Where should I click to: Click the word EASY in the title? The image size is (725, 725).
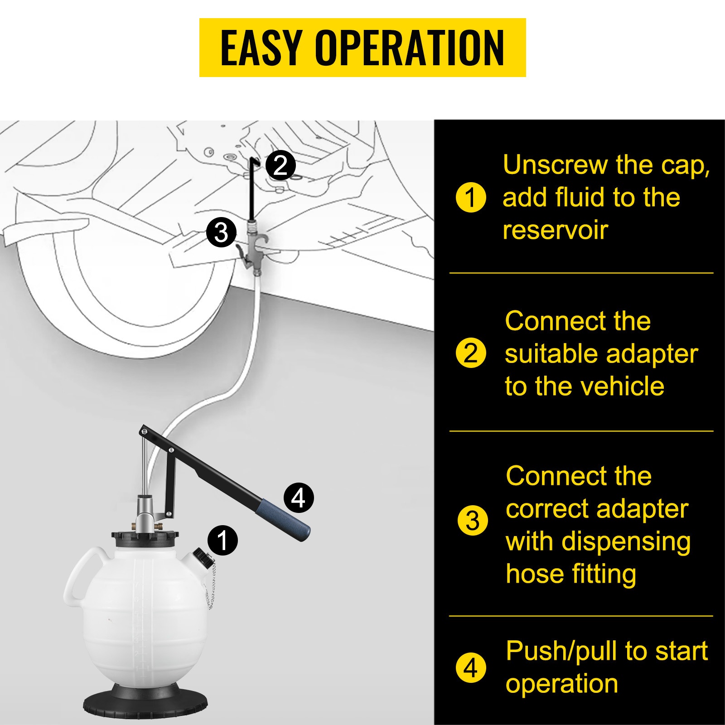tap(261, 48)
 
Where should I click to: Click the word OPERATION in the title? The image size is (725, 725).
tap(410, 48)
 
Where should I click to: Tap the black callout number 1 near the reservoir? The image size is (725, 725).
tap(222, 540)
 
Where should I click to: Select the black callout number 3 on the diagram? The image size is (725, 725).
tap(221, 232)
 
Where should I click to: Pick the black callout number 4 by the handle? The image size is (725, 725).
tap(299, 498)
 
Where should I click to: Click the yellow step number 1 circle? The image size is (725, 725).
tap(471, 198)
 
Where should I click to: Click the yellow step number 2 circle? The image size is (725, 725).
tap(471, 353)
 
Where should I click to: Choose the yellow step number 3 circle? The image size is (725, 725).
tap(473, 521)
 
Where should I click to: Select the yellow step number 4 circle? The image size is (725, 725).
tap(471, 667)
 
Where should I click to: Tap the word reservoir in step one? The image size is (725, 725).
tap(555, 230)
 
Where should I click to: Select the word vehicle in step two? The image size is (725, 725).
tap(622, 387)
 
